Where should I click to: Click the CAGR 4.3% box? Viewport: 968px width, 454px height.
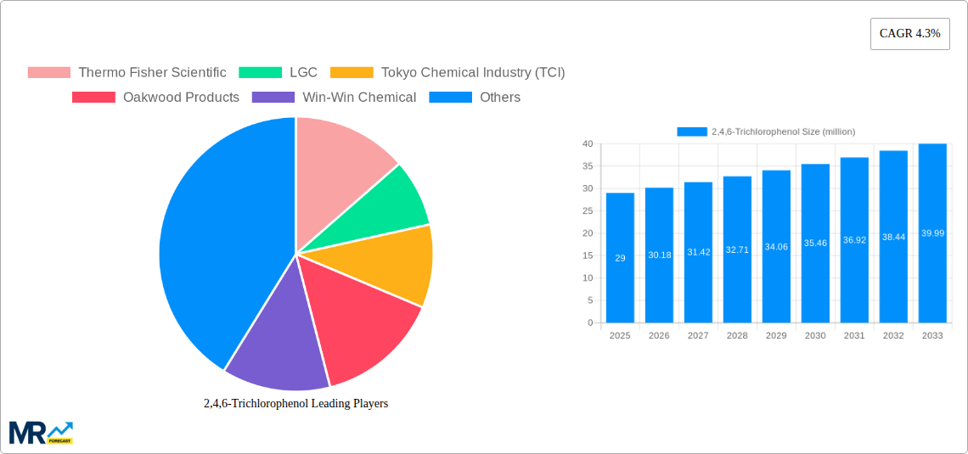click(909, 34)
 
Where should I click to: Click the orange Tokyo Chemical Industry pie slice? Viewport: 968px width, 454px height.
click(399, 263)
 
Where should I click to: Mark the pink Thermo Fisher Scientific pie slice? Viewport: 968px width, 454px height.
click(340, 157)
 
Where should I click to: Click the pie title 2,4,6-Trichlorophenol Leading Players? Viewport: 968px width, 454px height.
click(295, 404)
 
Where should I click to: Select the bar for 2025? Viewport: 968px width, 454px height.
click(620, 258)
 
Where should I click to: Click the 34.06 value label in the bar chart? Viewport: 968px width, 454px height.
click(776, 247)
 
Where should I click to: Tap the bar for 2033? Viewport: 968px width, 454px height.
click(932, 233)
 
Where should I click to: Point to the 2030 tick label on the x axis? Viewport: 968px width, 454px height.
click(815, 336)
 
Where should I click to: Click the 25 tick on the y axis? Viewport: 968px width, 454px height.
click(588, 210)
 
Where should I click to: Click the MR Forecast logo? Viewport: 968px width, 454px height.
click(41, 432)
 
